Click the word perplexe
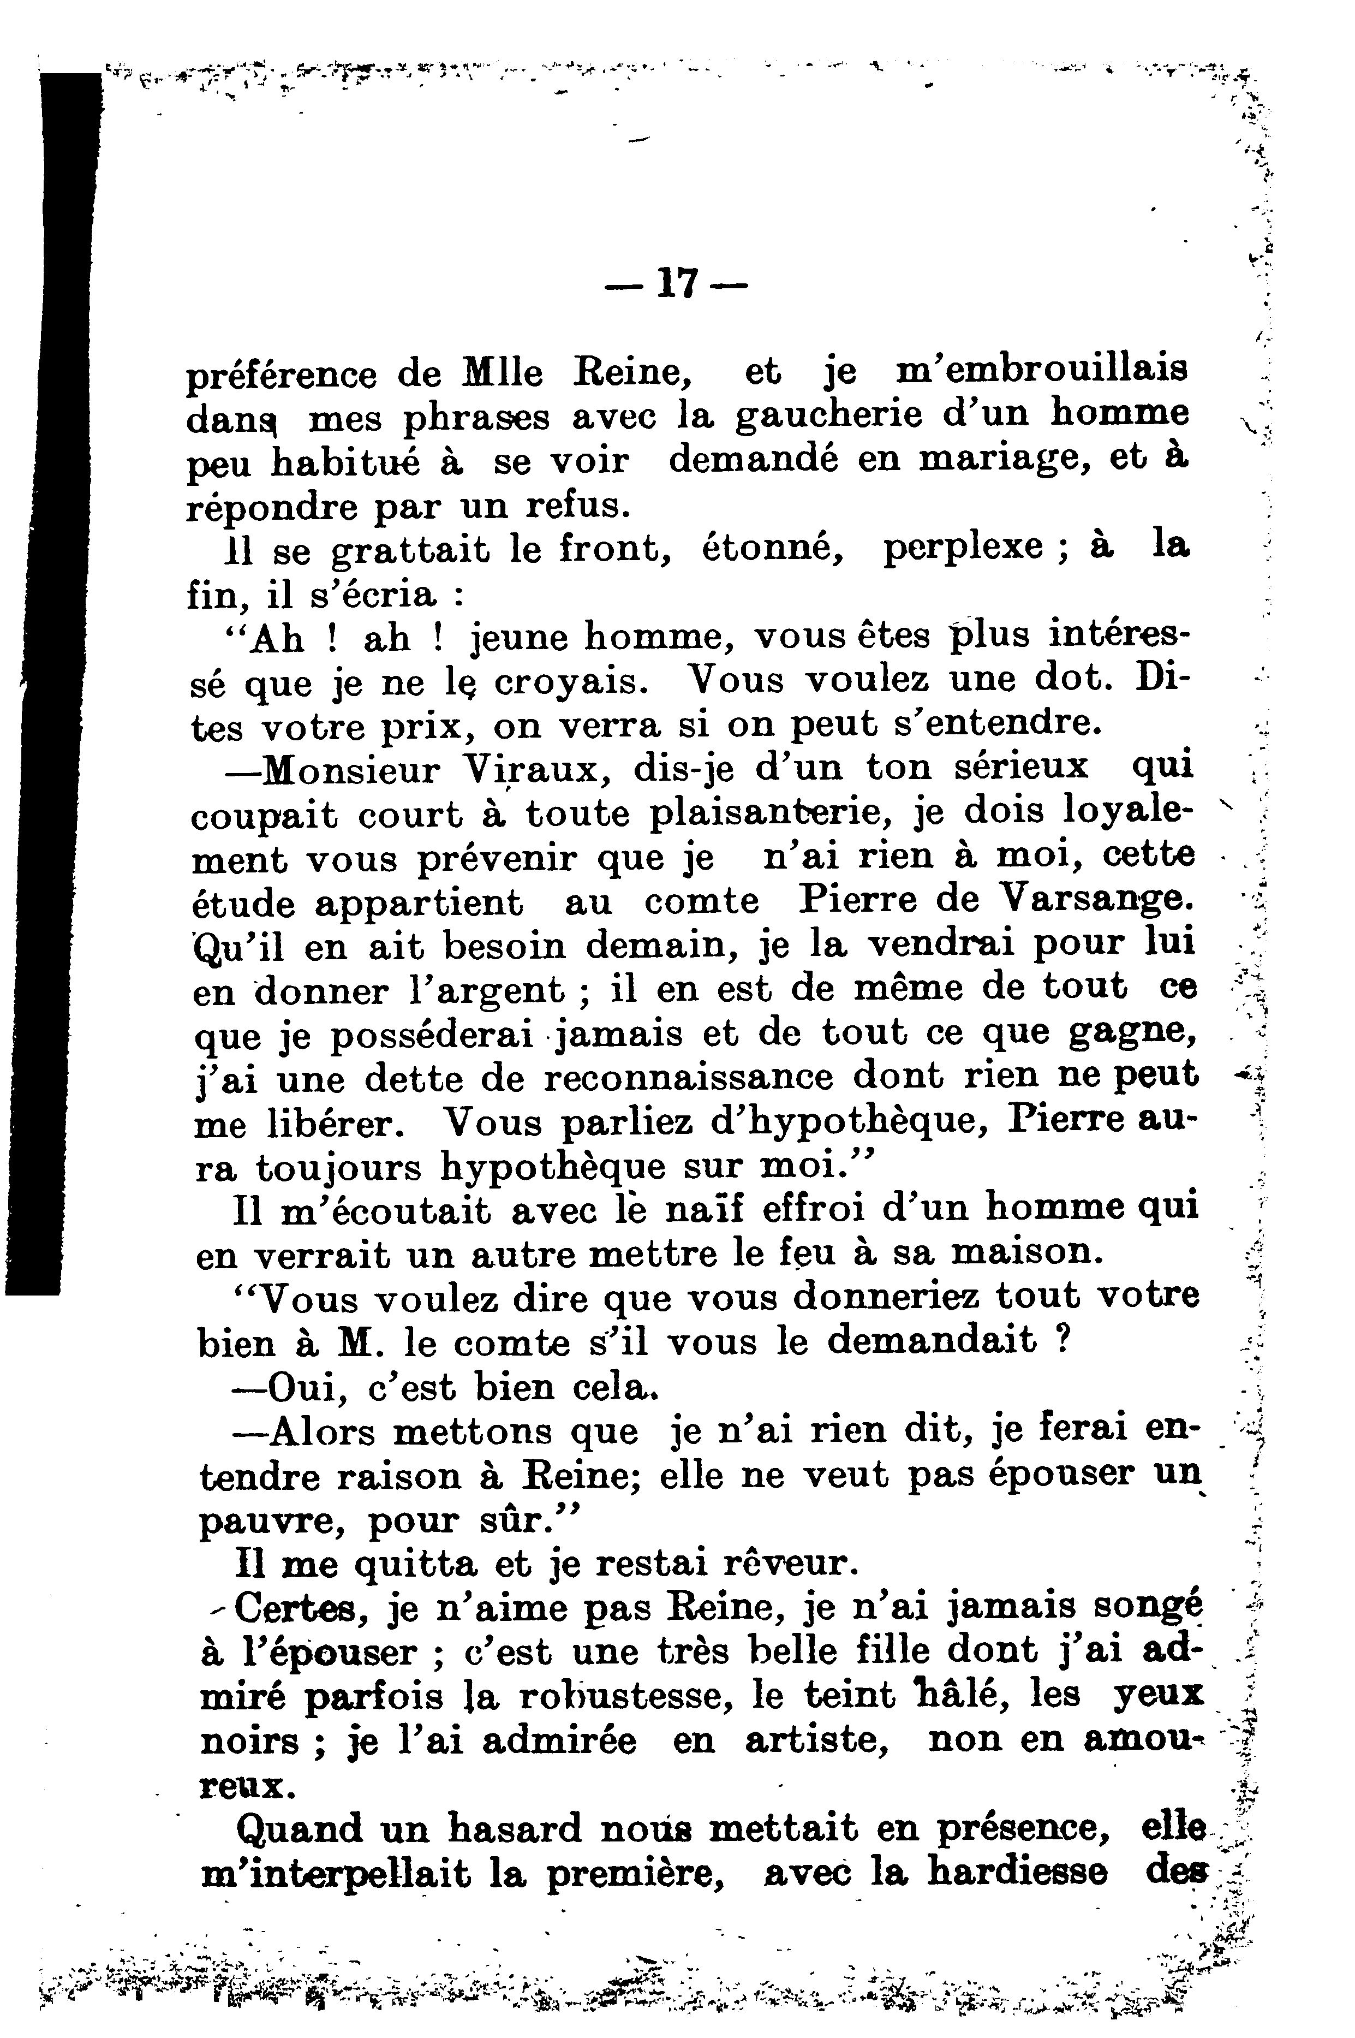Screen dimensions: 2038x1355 (963, 548)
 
